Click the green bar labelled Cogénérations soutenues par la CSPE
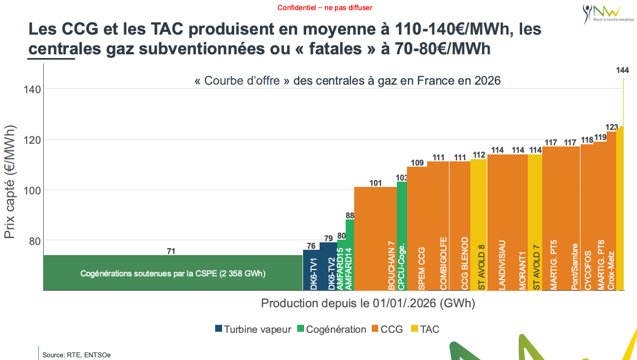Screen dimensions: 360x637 173,273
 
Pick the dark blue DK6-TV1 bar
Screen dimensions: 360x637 311,270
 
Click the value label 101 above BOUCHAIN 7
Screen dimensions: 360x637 375,183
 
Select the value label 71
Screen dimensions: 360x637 171,251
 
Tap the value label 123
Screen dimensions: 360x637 612,127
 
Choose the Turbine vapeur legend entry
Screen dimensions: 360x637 253,329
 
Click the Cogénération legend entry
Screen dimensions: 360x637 331,329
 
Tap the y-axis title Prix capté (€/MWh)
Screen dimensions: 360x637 10,181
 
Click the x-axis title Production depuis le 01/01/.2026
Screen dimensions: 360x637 367,303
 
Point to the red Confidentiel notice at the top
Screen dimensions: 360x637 324,8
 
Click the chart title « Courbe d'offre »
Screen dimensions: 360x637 348,81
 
